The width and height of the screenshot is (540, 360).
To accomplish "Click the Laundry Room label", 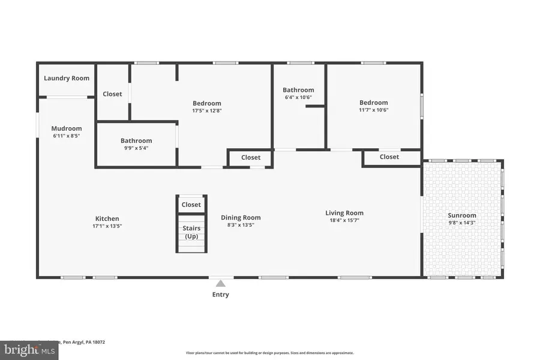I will click(67, 78).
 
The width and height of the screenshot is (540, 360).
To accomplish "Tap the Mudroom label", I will click(66, 128).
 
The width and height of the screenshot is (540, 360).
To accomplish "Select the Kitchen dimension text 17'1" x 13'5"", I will click(107, 226).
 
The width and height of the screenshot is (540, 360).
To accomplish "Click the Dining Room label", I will click(241, 218).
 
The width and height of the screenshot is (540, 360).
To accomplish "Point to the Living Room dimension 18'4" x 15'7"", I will click(344, 220).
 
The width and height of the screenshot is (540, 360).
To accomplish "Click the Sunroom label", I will click(462, 215).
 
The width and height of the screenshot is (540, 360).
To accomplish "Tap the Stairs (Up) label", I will click(191, 232).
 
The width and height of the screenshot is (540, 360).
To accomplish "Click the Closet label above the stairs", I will click(191, 205).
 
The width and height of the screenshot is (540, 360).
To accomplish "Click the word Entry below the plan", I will click(221, 295).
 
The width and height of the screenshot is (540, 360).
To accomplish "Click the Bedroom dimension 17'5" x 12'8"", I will click(206, 110).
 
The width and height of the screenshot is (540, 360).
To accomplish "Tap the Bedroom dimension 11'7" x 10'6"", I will click(373, 110).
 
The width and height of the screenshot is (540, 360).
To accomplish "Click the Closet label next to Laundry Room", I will click(112, 94).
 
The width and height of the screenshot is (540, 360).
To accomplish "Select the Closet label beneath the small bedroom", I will click(389, 157).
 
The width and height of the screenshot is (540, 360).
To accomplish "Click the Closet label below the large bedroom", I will click(251, 158).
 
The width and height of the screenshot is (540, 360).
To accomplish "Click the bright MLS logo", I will click(30, 349).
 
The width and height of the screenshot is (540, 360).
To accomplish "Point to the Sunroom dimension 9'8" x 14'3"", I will click(462, 223).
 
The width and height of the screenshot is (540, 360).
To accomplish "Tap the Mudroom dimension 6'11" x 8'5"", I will click(66, 136).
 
